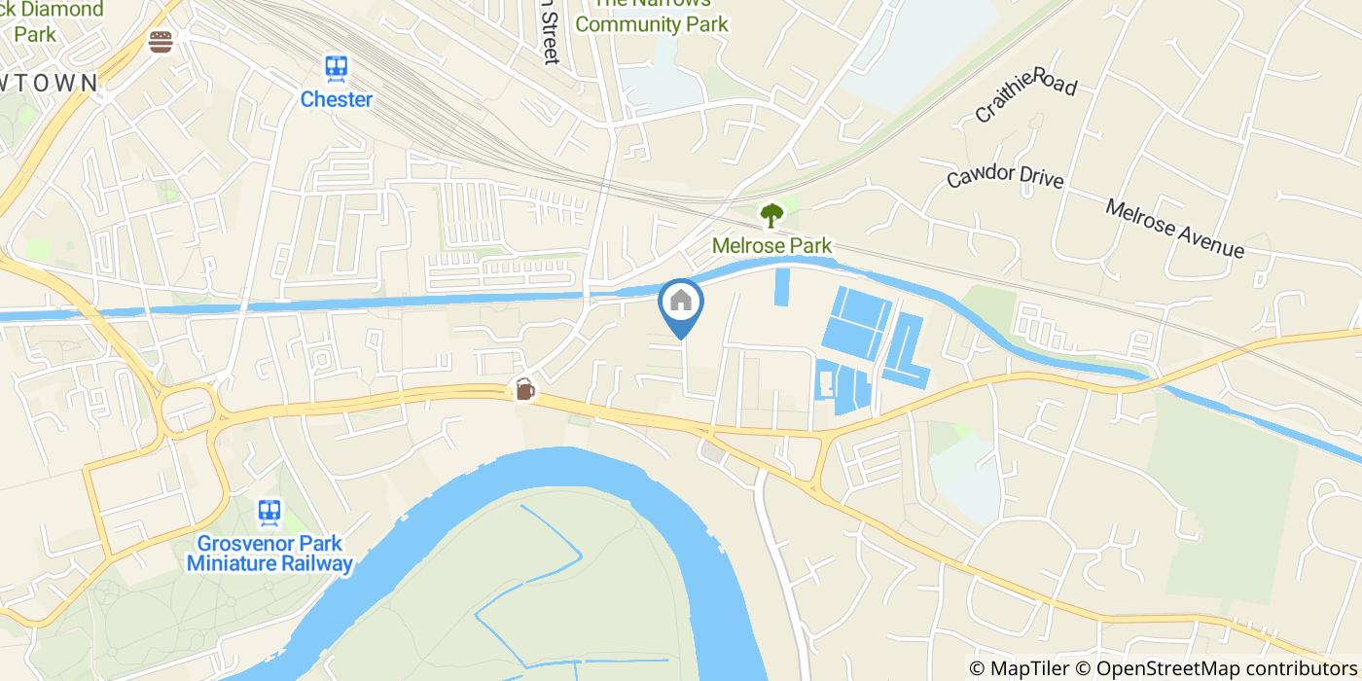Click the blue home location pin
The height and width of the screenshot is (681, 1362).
coord(681,307)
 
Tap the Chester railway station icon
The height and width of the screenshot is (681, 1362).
coord(337,67)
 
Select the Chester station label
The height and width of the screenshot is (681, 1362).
coord(337,99)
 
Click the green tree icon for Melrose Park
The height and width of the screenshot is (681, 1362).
coord(771,214)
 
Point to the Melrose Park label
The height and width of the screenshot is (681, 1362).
coord(771,245)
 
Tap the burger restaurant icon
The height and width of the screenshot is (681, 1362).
coord(161,41)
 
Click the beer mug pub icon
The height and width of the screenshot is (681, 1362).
coord(524,389)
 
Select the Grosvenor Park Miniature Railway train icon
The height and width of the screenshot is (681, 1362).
coord(269,511)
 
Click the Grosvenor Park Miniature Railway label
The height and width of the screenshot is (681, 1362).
coord(269,554)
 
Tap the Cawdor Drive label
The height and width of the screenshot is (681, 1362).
coord(1006,177)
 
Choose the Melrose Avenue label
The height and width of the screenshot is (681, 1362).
coord(1174,228)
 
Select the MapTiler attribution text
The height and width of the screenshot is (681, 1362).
coord(1021,668)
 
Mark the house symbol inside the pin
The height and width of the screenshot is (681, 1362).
coord(681,301)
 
